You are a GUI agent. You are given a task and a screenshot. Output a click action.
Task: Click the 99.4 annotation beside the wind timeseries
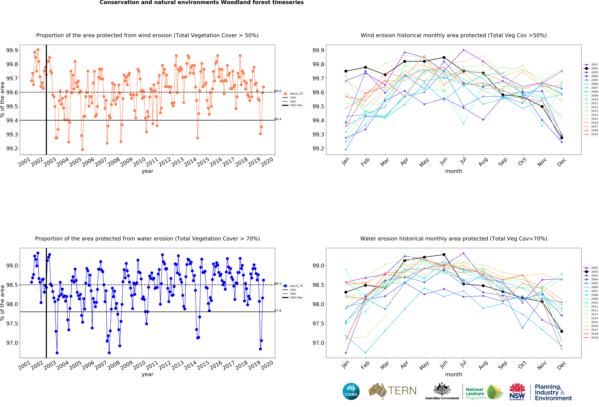[278, 119]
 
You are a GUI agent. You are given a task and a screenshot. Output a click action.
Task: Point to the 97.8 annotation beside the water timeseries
[278, 311]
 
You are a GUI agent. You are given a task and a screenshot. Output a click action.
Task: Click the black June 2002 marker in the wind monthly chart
[444, 57]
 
